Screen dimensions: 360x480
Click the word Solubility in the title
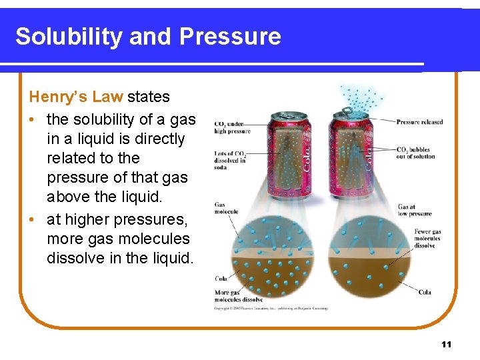[69, 36]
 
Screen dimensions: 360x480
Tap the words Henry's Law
[75, 97]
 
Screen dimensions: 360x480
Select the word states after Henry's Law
[149, 97]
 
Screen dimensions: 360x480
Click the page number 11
[446, 344]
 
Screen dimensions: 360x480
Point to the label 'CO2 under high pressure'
[228, 127]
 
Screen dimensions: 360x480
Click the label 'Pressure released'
[419, 122]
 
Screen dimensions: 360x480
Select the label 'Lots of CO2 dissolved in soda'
[229, 161]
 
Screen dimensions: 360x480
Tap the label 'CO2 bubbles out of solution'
[415, 153]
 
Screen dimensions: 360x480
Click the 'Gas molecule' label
[226, 208]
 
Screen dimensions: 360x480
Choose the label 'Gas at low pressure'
[414, 211]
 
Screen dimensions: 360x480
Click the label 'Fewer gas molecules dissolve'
[427, 239]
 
